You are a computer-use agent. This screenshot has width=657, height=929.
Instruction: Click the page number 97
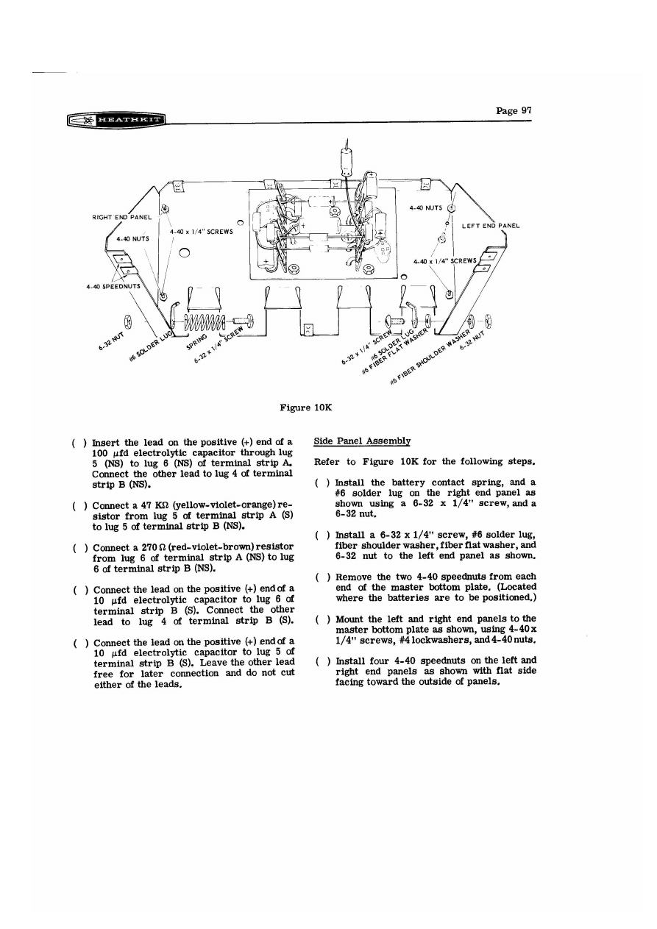[x=514, y=111]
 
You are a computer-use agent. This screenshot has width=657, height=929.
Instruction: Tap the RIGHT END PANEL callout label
[x=121, y=217]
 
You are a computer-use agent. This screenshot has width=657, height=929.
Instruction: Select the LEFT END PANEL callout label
[x=491, y=225]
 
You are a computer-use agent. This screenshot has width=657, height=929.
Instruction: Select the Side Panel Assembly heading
[x=361, y=441]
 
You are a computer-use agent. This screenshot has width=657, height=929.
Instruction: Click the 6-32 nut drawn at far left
[x=129, y=321]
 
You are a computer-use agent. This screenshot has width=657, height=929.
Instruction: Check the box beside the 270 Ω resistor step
[x=77, y=547]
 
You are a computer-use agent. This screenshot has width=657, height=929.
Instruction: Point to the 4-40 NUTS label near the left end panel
[x=425, y=208]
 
